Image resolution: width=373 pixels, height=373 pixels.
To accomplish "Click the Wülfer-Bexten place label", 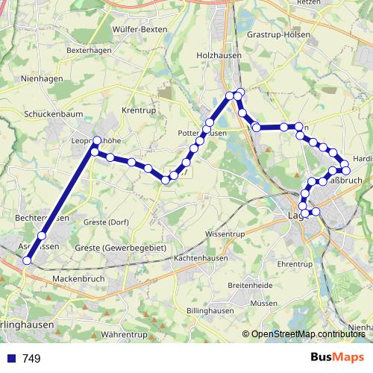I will click(x=139, y=28).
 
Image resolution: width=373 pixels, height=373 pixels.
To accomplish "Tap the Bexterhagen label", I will click(x=88, y=50).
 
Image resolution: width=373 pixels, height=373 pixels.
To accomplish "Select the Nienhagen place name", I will click(x=43, y=78).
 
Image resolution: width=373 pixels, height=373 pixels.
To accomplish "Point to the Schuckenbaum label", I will click(x=51, y=115).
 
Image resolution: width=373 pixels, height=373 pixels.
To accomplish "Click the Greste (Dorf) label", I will click(x=107, y=222).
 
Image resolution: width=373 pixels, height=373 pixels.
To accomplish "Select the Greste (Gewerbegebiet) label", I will click(x=120, y=247).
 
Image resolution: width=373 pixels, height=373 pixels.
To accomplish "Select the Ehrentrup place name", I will click(x=294, y=264).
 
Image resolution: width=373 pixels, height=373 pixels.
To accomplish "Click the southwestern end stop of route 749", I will click(x=28, y=260).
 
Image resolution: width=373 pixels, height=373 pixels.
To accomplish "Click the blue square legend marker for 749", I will click(x=11, y=359).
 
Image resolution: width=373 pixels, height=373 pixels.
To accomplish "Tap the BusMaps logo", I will click(x=337, y=358).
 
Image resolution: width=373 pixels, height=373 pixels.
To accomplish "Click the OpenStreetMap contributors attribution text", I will click(x=308, y=334).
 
